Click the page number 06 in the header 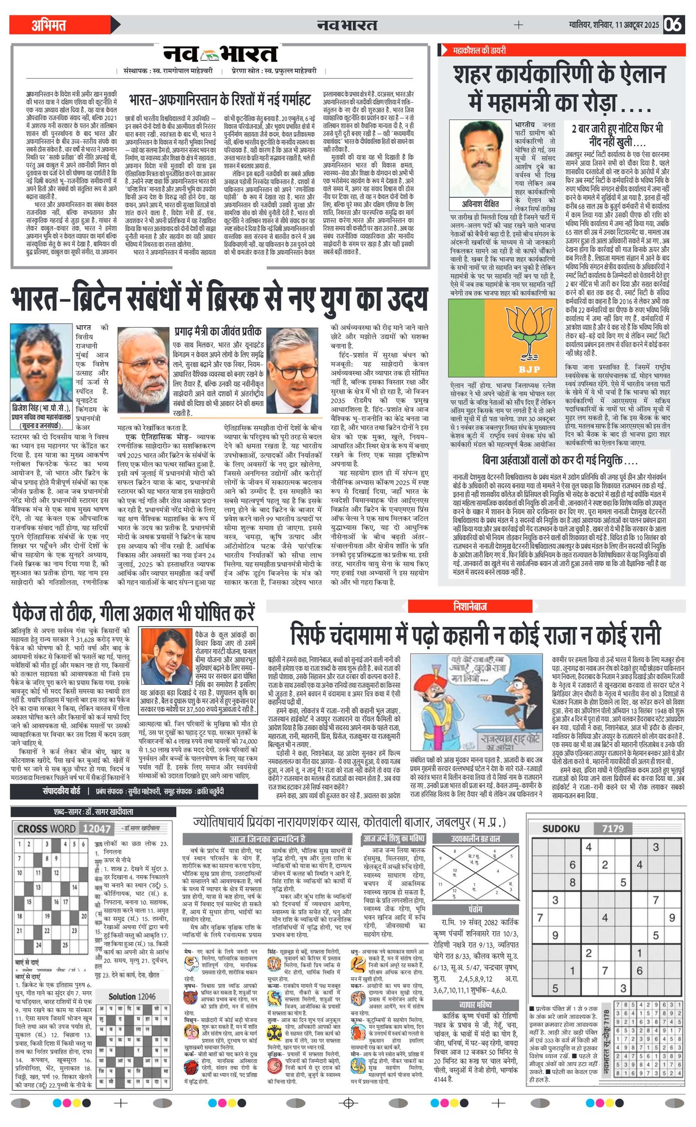point(673,24)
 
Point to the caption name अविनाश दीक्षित point(480,203)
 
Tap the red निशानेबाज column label point(469,606)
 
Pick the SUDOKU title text point(561,828)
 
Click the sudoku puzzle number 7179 point(612,828)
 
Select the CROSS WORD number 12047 point(96,829)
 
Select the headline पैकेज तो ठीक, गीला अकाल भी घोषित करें point(134,614)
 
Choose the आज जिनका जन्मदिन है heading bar point(268,839)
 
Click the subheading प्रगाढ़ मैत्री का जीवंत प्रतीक point(218,331)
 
